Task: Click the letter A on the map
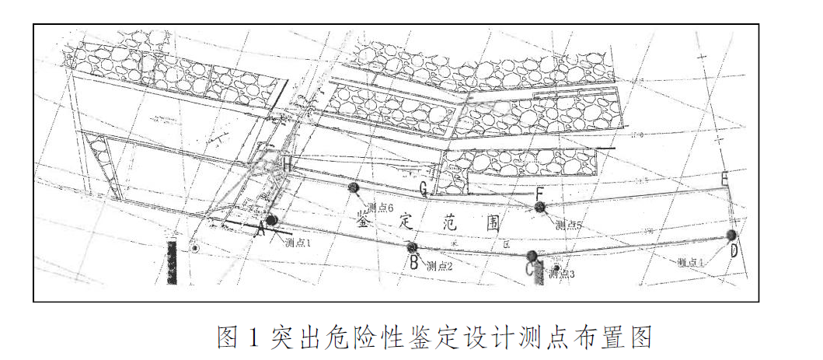[261, 230]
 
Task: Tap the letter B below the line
[414, 263]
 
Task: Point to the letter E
[725, 180]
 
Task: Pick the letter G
[424, 188]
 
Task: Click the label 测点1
[298, 242]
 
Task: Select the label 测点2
[439, 266]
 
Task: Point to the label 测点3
[561, 274]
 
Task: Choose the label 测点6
[381, 208]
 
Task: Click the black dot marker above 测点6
[354, 187]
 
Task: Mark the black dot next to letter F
[540, 207]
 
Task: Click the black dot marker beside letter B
[413, 247]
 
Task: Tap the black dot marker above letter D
[731, 235]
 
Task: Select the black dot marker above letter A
[271, 220]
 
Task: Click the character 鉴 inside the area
[363, 222]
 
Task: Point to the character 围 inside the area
[492, 222]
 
